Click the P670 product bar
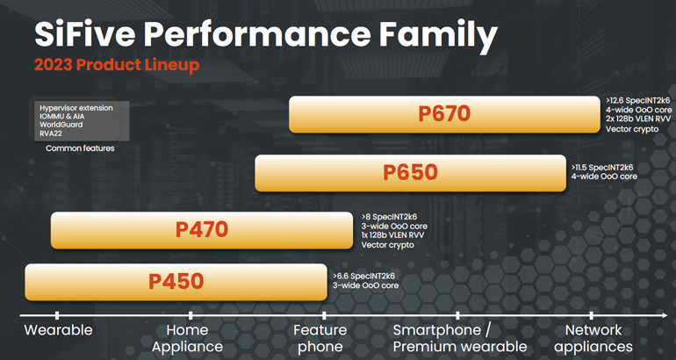coord(444,114)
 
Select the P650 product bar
coord(410,172)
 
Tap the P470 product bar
coord(202,230)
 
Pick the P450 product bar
coord(176,282)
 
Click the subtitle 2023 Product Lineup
coord(116,65)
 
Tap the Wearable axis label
coord(58,330)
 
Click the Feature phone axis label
coord(320,338)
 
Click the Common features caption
coord(80,148)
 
